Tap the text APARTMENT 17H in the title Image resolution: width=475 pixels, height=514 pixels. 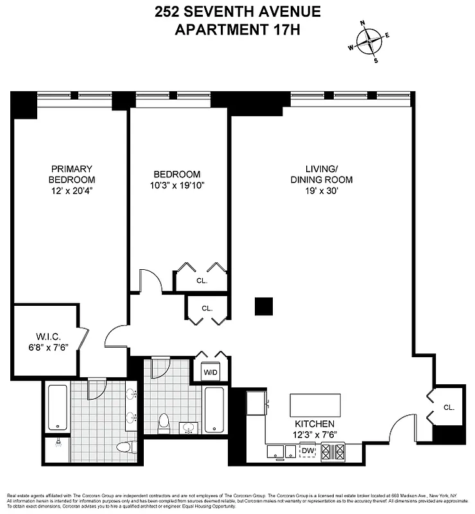click(x=237, y=29)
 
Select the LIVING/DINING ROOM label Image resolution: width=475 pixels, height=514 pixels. click(x=321, y=175)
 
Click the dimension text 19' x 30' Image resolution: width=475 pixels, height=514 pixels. click(x=321, y=191)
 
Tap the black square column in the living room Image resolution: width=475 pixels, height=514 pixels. click(x=263, y=306)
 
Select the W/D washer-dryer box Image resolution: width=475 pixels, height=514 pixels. click(x=211, y=372)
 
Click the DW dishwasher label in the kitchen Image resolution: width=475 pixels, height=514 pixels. click(x=307, y=450)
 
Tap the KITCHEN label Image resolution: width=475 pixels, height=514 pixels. click(x=315, y=424)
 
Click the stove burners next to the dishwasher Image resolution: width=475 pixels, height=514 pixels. click(x=334, y=452)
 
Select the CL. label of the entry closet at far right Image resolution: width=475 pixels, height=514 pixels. click(x=449, y=407)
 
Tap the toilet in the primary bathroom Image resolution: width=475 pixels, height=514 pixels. click(x=123, y=448)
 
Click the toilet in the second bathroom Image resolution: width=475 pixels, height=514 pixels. click(x=164, y=422)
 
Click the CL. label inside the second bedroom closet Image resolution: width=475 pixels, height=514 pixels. click(x=202, y=280)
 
